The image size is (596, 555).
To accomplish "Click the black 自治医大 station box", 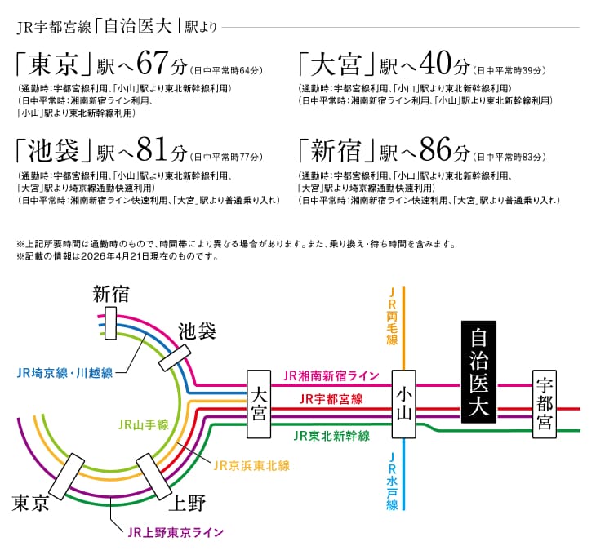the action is pos(478,372).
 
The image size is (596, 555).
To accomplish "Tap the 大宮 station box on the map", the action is pos(259,404).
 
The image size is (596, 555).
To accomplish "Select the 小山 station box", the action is pos(403,404).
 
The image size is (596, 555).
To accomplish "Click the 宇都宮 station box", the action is pos(545,404).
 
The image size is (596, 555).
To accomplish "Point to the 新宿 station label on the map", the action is pos(111,295).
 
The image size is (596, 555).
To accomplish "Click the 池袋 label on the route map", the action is pos(197,331).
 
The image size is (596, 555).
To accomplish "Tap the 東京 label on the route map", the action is pos(30,503).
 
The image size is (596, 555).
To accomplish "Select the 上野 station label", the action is pos(187,503).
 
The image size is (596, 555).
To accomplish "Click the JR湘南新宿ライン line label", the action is pos(331,375).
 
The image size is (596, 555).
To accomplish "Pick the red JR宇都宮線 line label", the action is pos(331,399).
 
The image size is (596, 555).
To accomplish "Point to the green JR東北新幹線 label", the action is pos(331,435).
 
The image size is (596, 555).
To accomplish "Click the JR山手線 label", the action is pos(144,424).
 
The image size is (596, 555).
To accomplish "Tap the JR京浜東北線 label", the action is pos(251,465).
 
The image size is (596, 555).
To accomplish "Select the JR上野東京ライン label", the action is pos(176,532).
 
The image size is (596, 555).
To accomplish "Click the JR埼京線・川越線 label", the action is pos(65,373).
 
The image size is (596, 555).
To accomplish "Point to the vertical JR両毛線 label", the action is pos(392,317).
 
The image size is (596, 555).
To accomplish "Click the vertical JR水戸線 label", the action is pos(392,482).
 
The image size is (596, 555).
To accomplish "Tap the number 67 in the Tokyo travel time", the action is pos(153,63).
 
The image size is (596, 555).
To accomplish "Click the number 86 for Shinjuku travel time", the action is pos(436,149).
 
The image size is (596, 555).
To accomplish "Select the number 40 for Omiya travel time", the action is pos(436,63).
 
